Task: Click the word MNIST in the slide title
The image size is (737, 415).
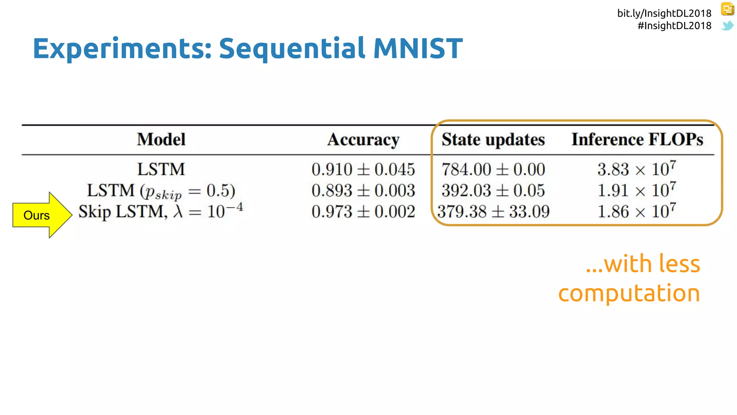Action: pos(418,49)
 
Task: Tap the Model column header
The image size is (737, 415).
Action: pos(161,140)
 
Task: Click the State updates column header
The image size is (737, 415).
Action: pos(493,140)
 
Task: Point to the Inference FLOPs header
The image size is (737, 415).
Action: pos(637,140)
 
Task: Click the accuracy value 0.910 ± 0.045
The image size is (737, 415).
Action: pos(363,169)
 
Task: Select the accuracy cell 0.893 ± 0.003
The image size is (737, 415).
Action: pos(363,191)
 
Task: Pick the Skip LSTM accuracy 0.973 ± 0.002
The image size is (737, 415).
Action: pos(363,212)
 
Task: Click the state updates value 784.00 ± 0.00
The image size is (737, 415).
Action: pos(493,169)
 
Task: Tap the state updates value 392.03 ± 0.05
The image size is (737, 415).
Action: pos(493,191)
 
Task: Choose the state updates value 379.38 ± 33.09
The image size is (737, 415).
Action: pos(493,212)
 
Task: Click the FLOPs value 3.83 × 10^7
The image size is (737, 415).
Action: pos(637,169)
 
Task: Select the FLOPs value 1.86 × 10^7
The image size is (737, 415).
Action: pos(637,211)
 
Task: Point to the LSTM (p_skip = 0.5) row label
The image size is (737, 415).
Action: pos(161,191)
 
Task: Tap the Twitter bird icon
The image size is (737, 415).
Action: pos(727,26)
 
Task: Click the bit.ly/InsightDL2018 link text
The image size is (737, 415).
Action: pos(664,13)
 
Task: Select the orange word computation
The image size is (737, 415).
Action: pos(629,293)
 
